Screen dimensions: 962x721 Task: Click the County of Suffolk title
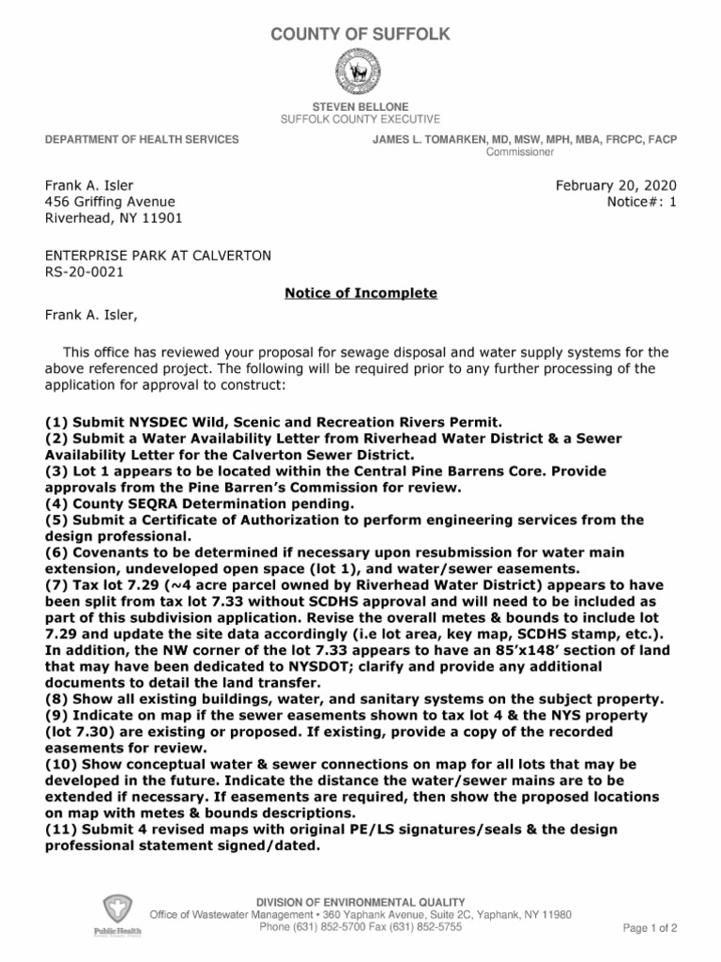point(360,35)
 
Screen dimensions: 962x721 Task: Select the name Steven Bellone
point(360,108)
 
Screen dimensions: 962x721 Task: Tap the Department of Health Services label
point(142,140)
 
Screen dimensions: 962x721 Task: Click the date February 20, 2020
point(616,185)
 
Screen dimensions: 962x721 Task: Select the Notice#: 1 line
point(642,202)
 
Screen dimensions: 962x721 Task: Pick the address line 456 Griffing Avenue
point(110,202)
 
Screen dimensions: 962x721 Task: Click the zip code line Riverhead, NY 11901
point(114,219)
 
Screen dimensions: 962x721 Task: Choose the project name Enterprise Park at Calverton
point(159,256)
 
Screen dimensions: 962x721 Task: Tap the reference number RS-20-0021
point(84,272)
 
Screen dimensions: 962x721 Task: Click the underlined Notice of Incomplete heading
point(360,293)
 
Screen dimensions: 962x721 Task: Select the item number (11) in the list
point(61,830)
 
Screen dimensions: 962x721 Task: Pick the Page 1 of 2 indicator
point(650,928)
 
